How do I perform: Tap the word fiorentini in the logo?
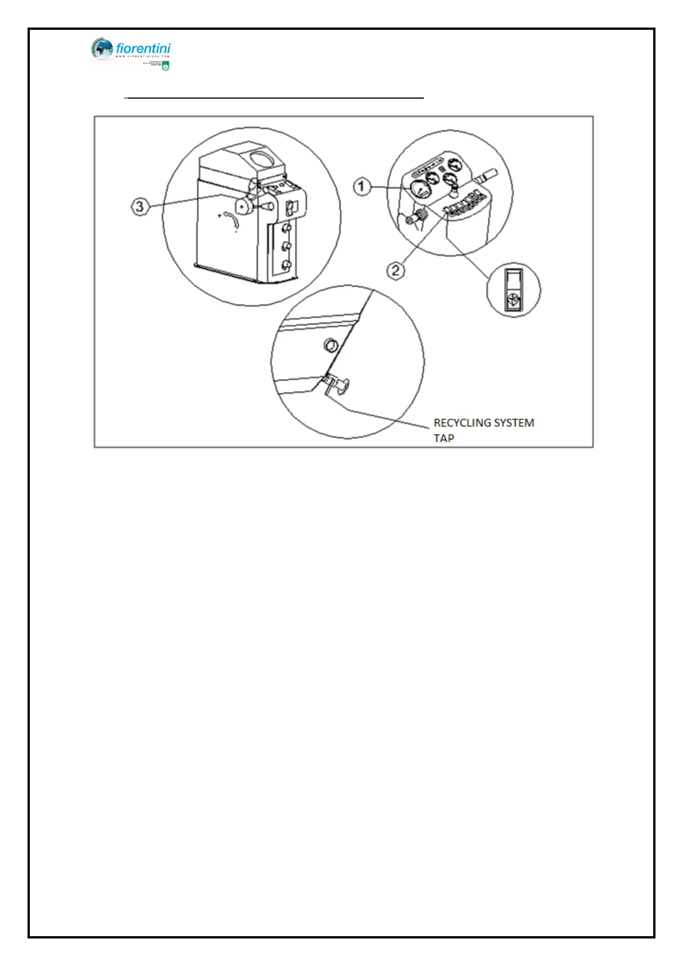143,49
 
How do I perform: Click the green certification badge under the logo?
165,66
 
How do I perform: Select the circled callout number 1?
361,186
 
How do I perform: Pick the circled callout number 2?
396,270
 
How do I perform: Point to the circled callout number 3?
140,207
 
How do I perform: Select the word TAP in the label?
444,438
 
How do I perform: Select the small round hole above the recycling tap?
331,345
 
